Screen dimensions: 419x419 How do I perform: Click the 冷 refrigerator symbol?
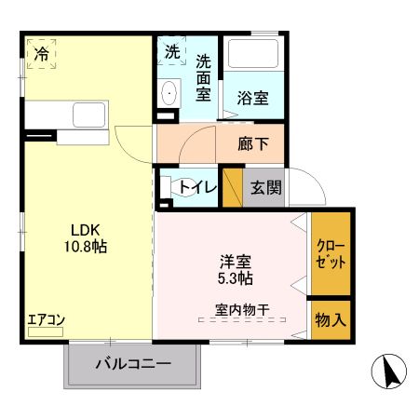click(42, 54)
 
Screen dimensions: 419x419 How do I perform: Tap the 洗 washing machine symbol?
click(173, 52)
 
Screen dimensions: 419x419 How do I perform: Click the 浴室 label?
click(251, 96)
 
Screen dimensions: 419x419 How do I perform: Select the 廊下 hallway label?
click(253, 144)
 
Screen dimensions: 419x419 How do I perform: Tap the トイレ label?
click(197, 187)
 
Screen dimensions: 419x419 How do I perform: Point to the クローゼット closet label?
click(331, 254)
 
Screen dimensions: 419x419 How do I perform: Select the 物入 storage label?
click(331, 319)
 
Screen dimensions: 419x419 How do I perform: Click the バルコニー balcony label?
click(133, 364)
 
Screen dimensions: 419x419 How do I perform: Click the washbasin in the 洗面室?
click(169, 94)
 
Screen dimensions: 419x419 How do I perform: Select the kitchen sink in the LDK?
click(89, 117)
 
